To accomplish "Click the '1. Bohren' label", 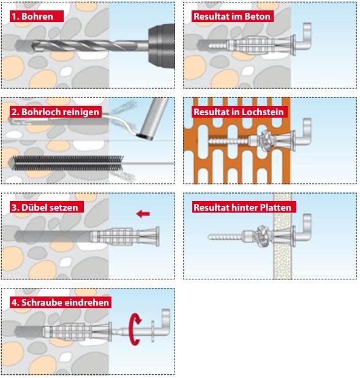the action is pyautogui.click(x=37, y=17).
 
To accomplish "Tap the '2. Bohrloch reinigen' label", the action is pyautogui.click(x=56, y=112).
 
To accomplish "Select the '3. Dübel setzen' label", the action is pyautogui.click(x=47, y=207).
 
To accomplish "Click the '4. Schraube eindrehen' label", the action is pyautogui.click(x=61, y=302).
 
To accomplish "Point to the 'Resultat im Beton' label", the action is pyautogui.click(x=232, y=17).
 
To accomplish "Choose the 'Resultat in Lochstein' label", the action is pyautogui.click(x=239, y=112).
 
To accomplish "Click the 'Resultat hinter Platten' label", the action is pyautogui.click(x=244, y=207).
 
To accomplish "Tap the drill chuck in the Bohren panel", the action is pyautogui.click(x=162, y=46).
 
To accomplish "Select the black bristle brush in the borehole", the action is pyautogui.click(x=67, y=163).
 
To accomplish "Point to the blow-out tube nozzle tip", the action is pyautogui.click(x=144, y=137).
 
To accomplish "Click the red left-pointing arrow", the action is pyautogui.click(x=143, y=214).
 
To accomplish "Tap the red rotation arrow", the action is pyautogui.click(x=135, y=329).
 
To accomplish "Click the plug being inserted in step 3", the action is pyautogui.click(x=125, y=236).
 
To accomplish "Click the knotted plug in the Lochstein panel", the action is pyautogui.click(x=266, y=140).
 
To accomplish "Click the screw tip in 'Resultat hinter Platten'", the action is pyautogui.click(x=209, y=237).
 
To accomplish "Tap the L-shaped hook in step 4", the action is pyautogui.click(x=161, y=323).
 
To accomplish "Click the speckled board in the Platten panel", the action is pyautogui.click(x=282, y=236).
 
